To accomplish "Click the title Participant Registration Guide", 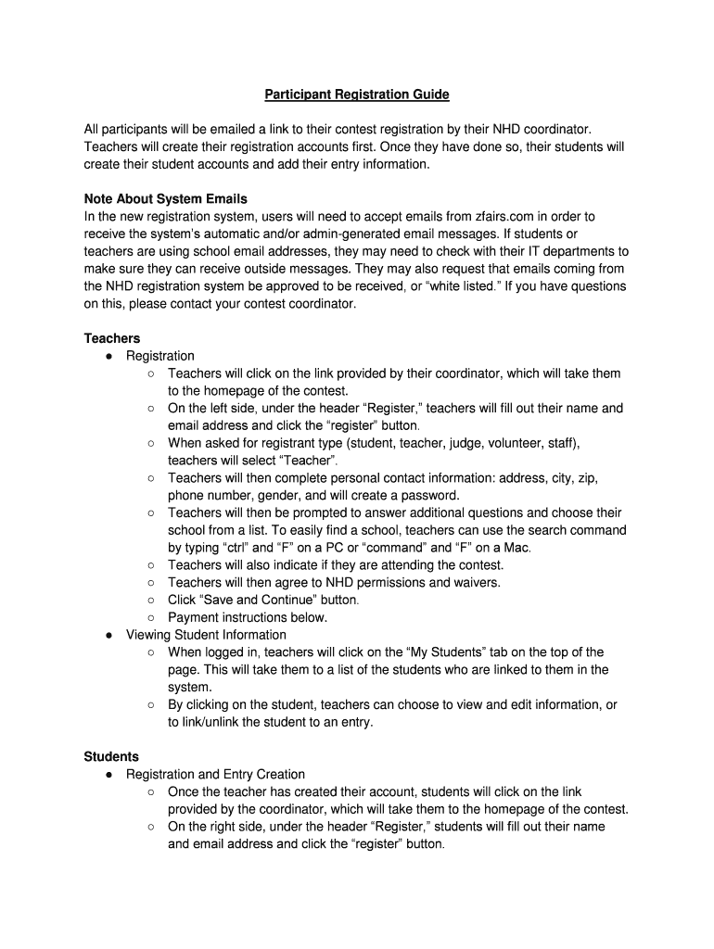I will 357,95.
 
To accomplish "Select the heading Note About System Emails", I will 166,199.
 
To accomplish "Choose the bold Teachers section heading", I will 112,338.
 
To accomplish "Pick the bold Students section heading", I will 111,756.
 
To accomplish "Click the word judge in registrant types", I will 473,443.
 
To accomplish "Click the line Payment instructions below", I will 248,617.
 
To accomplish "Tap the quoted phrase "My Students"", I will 481,652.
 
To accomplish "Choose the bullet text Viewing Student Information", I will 206,635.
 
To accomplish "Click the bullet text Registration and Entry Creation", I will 215,774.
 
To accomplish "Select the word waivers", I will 476,582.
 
